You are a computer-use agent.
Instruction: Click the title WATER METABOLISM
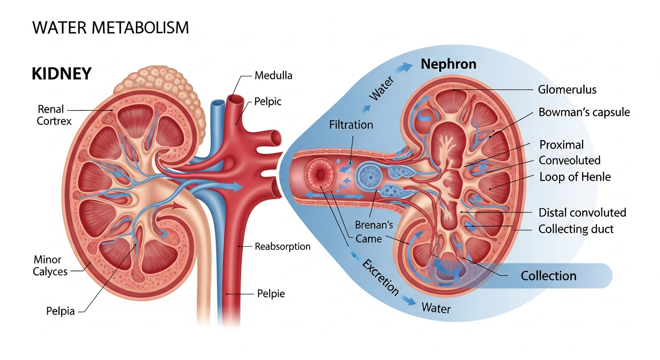[x=111, y=28]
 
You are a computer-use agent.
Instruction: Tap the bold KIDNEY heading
[x=61, y=74]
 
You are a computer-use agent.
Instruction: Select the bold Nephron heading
[x=448, y=64]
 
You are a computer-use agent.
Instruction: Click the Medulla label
[x=273, y=75]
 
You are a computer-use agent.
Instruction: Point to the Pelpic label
[x=268, y=101]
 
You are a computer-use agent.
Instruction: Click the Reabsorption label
[x=282, y=246]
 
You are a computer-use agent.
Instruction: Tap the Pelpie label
[x=271, y=294]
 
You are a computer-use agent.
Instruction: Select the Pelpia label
[x=60, y=310]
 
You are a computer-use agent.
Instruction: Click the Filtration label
[x=351, y=125]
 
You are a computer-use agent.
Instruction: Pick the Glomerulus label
[x=567, y=90]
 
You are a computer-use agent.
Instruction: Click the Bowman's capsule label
[x=584, y=112]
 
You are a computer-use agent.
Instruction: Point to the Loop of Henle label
[x=575, y=177]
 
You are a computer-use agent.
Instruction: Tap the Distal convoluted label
[x=582, y=212]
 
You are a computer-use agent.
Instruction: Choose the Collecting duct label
[x=576, y=229]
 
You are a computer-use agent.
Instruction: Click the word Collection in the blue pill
[x=548, y=275]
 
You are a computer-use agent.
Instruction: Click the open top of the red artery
[x=235, y=99]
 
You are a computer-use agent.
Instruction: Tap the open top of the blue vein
[x=217, y=103]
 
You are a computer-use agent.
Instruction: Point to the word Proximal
[x=562, y=144]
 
